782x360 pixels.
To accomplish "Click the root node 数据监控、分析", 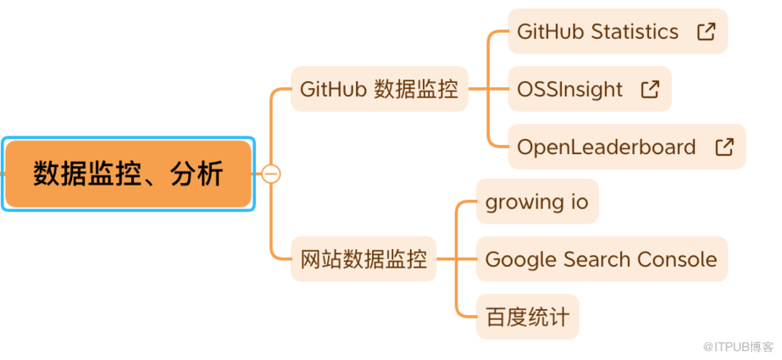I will point(128,174).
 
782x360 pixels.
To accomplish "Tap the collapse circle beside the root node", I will point(272,174).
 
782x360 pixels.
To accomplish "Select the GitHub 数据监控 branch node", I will point(379,89).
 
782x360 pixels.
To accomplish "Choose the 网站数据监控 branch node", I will point(363,260).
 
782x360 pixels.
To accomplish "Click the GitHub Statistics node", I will point(598,32).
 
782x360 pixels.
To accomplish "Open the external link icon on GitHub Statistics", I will point(705,32).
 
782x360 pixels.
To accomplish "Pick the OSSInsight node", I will point(570,89).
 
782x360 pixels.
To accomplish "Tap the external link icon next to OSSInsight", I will point(650,89).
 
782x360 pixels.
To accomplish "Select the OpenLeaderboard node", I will point(607,147).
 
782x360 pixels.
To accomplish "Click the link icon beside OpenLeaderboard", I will point(725,147).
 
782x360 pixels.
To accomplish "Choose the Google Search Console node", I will point(601,260).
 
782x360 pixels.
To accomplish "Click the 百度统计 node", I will point(527,317).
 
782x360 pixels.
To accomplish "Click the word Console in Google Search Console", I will point(678,260).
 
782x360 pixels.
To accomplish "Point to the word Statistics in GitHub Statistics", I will point(635,32).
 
